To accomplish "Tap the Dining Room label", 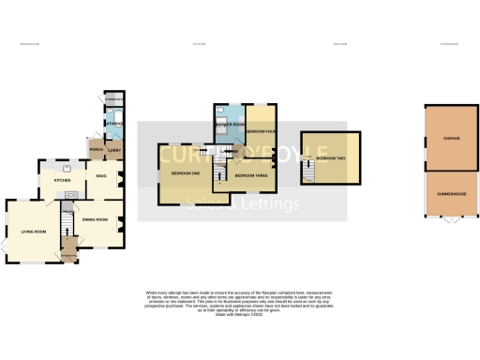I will (x=95, y=219).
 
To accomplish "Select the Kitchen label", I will (x=62, y=180).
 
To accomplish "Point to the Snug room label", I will (x=99, y=175).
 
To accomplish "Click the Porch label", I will (x=95, y=149).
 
